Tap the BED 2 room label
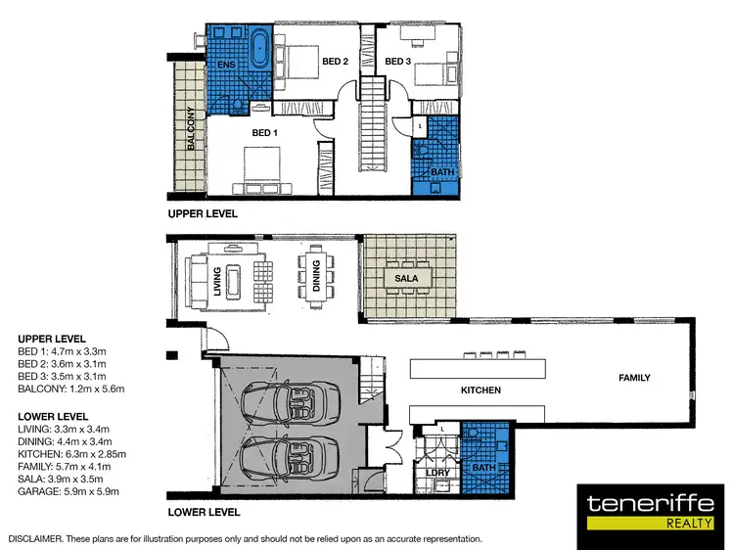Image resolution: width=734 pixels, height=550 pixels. pyautogui.click(x=336, y=62)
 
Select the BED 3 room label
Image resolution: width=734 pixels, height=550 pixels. pyautogui.click(x=397, y=62)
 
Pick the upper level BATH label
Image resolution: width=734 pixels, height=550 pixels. pyautogui.click(x=440, y=173)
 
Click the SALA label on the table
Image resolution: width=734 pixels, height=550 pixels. pyautogui.click(x=407, y=278)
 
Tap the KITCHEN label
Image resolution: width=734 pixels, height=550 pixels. pyautogui.click(x=481, y=390)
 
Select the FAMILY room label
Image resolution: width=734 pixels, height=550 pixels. pyautogui.click(x=634, y=377)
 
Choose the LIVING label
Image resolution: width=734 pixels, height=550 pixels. pyautogui.click(x=218, y=276)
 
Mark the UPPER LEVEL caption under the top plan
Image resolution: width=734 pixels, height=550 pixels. pyautogui.click(x=202, y=213)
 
